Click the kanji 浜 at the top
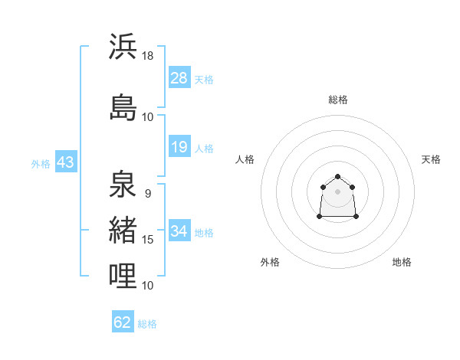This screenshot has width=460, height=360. click(x=123, y=46)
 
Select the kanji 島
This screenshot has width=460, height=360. click(x=123, y=107)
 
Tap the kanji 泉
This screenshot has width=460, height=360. click(x=123, y=184)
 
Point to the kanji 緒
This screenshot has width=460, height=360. click(x=123, y=230)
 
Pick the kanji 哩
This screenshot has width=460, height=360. click(x=123, y=276)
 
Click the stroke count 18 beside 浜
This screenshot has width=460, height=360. click(x=147, y=56)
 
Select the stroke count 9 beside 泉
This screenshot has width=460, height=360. click(x=148, y=194)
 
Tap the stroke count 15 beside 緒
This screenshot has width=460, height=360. click(x=147, y=240)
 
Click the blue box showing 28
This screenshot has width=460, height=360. click(x=179, y=77)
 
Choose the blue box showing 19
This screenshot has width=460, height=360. click(x=179, y=146)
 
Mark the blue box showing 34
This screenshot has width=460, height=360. click(x=179, y=230)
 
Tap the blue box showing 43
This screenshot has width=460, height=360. click(x=66, y=162)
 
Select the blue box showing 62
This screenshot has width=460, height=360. click(x=123, y=321)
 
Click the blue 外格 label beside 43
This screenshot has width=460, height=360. click(x=41, y=164)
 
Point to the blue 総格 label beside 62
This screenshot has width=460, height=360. click(x=147, y=324)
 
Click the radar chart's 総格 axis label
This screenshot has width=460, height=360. click(x=338, y=100)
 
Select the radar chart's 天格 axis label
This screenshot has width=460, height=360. click(x=431, y=159)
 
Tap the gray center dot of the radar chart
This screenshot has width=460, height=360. click(x=337, y=191)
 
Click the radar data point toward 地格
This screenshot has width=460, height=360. click(x=356, y=216)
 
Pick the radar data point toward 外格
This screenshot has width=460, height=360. click(x=320, y=216)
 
